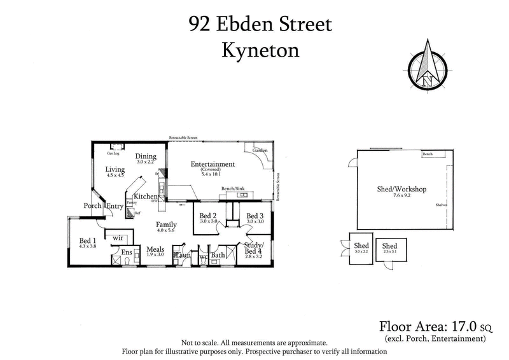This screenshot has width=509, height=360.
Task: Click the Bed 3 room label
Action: [x=255, y=216]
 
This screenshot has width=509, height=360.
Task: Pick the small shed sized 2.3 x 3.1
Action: [x=389, y=249]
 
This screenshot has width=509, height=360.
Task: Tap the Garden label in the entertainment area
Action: [x=260, y=151]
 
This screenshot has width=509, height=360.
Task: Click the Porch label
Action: [x=93, y=205]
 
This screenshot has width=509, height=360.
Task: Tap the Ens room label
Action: [x=126, y=252]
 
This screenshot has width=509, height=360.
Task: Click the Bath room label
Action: [x=218, y=256]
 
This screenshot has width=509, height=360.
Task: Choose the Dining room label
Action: [x=146, y=156]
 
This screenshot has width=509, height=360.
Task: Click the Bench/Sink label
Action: [x=232, y=190]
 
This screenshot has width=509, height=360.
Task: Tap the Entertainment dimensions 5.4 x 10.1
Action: [x=213, y=174]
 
